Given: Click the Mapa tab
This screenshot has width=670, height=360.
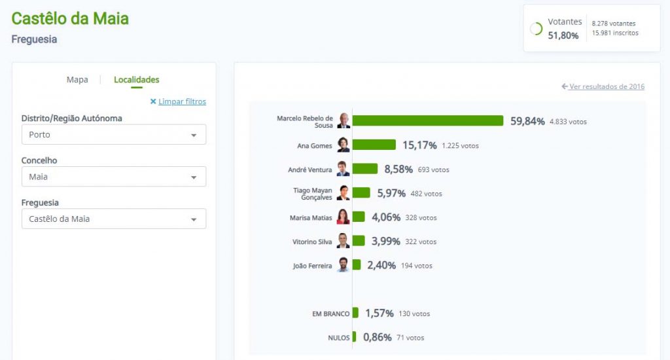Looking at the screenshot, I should (x=77, y=80).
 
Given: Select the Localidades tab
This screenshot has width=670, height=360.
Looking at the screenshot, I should (x=136, y=80).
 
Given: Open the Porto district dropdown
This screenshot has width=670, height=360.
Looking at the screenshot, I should (x=114, y=135).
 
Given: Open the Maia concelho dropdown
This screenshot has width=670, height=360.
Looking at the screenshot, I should (x=114, y=177).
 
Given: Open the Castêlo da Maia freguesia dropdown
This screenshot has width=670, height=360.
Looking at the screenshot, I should (x=114, y=219).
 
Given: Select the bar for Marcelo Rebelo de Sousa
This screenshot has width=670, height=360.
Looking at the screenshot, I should (x=428, y=121).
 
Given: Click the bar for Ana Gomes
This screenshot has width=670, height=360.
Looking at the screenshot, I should (x=374, y=145).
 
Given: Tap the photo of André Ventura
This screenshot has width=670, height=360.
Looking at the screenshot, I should (x=344, y=169).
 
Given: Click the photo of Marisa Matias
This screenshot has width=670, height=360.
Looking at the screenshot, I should (x=344, y=217).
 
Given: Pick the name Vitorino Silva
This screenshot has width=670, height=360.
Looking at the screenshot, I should (x=313, y=242).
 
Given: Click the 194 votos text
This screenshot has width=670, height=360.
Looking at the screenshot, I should (x=415, y=266).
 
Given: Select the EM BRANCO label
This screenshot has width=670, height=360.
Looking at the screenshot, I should (x=330, y=314).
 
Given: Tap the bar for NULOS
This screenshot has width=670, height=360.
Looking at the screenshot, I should (x=354, y=337).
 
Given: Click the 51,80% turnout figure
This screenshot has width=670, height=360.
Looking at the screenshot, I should (x=563, y=35).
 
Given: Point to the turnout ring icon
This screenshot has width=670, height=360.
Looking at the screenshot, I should (x=536, y=29).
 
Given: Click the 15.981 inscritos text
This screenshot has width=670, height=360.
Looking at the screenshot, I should (x=615, y=33).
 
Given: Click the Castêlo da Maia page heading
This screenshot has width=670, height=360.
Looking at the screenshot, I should (x=70, y=18).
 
